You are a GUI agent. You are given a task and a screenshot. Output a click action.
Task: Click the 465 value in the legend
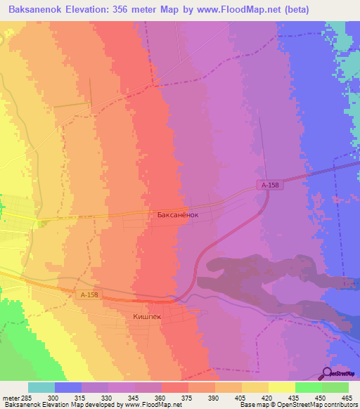point(345,397)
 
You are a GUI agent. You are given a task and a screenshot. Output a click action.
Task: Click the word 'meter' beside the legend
point(12,397)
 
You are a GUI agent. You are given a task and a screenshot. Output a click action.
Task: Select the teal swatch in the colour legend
point(41,387)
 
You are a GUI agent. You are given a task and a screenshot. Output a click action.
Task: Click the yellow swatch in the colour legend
point(282,387)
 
